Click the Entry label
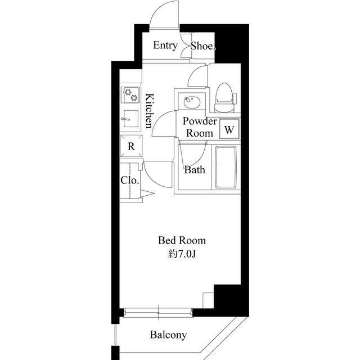(165, 46)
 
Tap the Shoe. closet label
(203, 46)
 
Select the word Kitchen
(149, 110)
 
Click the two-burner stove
(130, 95)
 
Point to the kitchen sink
(130, 119)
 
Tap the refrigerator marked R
(131, 146)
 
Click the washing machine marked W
(229, 129)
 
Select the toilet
(225, 98)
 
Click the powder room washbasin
(192, 102)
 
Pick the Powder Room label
(200, 127)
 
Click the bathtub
(226, 168)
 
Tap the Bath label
(195, 170)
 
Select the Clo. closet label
(130, 180)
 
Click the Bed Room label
(182, 241)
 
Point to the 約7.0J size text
(182, 254)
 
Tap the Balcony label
(168, 335)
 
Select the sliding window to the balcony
(158, 313)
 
